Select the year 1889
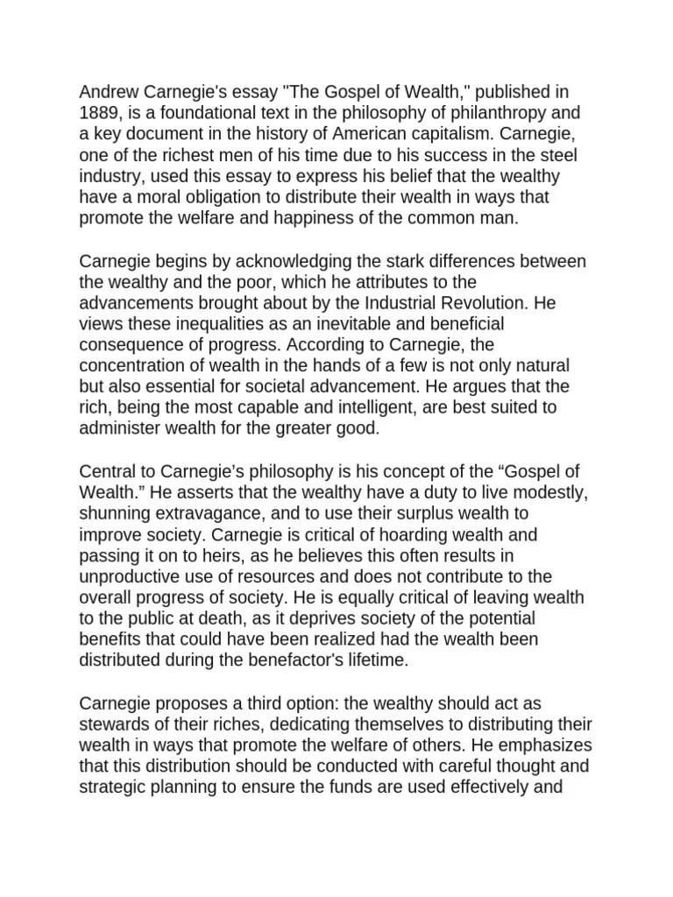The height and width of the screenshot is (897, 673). coord(99,113)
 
